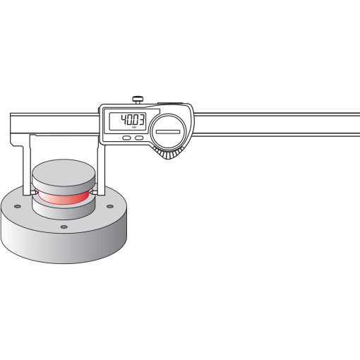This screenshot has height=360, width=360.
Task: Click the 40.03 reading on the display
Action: point(133,120)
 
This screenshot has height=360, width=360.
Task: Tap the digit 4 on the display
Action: point(124,120)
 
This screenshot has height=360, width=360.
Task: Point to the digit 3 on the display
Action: point(141,120)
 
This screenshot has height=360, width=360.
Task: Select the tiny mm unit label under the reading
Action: point(134,127)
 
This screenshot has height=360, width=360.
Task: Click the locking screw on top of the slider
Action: point(138,100)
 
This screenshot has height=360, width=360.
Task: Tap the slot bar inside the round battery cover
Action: point(168,132)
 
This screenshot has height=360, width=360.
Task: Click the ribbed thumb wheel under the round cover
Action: point(168,153)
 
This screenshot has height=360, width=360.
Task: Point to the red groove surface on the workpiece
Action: point(64,198)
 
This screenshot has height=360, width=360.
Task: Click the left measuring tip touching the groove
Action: point(34,193)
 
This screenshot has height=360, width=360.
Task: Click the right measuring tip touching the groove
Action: point(94,193)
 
